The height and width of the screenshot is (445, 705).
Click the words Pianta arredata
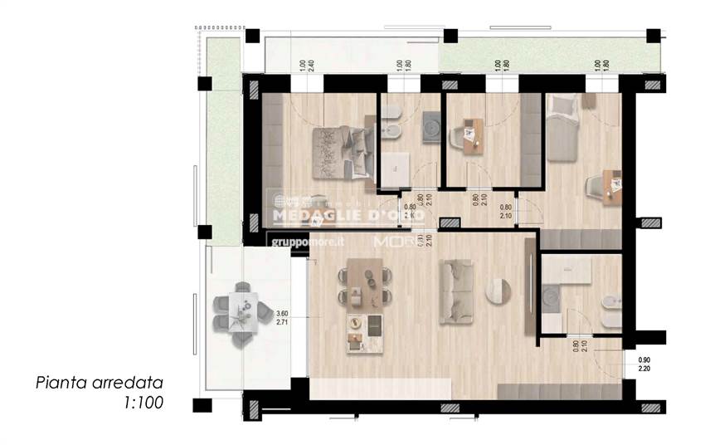point(99,384)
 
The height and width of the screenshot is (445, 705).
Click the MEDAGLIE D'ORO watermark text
point(348,214)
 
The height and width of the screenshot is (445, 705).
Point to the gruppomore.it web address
point(308,242)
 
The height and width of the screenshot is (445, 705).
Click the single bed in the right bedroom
point(562,129)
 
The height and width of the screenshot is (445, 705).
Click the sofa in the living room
point(456,291)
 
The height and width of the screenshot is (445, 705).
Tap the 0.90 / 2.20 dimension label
point(644,364)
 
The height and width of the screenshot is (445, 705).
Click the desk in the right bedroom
point(610,185)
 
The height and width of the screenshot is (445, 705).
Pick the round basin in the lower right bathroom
point(552,295)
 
